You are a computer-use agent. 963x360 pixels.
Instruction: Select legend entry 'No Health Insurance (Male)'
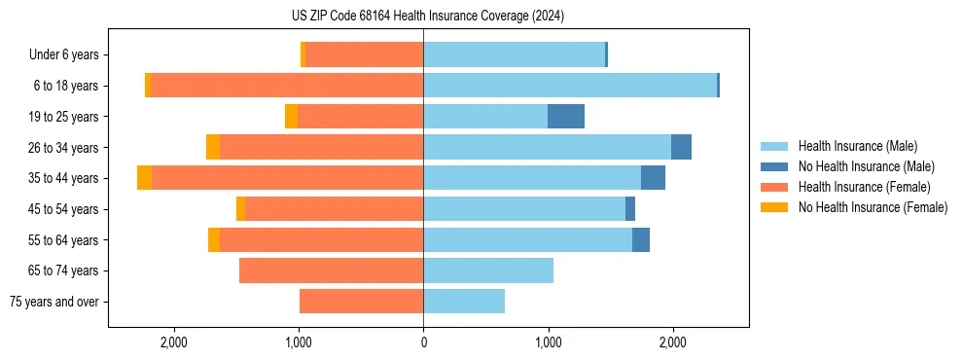(866, 166)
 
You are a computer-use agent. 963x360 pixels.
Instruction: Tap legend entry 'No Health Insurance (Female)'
(872, 207)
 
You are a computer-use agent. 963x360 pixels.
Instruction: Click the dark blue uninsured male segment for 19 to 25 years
(566, 117)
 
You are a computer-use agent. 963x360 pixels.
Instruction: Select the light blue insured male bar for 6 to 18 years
(570, 86)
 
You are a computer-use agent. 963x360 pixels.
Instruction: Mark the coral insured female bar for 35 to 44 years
(287, 178)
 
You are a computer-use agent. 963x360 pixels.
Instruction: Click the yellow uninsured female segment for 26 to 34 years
(213, 147)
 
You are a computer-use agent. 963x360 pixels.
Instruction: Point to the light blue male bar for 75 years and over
(464, 302)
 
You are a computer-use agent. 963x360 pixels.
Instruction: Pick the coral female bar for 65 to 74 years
(331, 270)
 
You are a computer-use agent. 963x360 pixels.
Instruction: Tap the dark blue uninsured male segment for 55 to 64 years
(641, 239)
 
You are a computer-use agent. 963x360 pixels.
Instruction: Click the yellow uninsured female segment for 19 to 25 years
(291, 117)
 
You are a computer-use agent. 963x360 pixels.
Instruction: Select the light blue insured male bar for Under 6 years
(514, 55)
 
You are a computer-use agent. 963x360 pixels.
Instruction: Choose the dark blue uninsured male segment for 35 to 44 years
(653, 178)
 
